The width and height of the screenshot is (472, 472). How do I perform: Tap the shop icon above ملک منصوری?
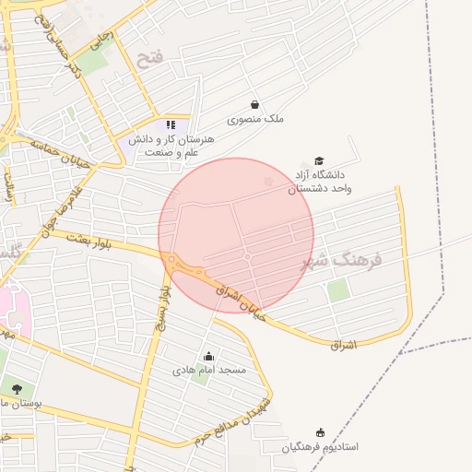[254, 104]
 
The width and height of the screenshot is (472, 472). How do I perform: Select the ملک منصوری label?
[261, 119]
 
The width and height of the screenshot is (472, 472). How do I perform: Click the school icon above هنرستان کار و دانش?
[171, 124]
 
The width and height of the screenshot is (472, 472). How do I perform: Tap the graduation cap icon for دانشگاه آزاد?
[319, 160]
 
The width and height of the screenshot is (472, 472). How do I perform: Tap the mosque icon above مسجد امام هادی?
[208, 357]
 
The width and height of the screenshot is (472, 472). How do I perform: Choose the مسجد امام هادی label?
[209, 370]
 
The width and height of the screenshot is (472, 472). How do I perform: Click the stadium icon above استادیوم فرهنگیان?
[320, 432]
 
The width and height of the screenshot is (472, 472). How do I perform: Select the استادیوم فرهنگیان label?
[320, 446]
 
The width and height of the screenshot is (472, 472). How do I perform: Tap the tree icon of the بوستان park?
[16, 389]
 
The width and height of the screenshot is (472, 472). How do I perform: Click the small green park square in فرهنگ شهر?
[338, 290]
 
